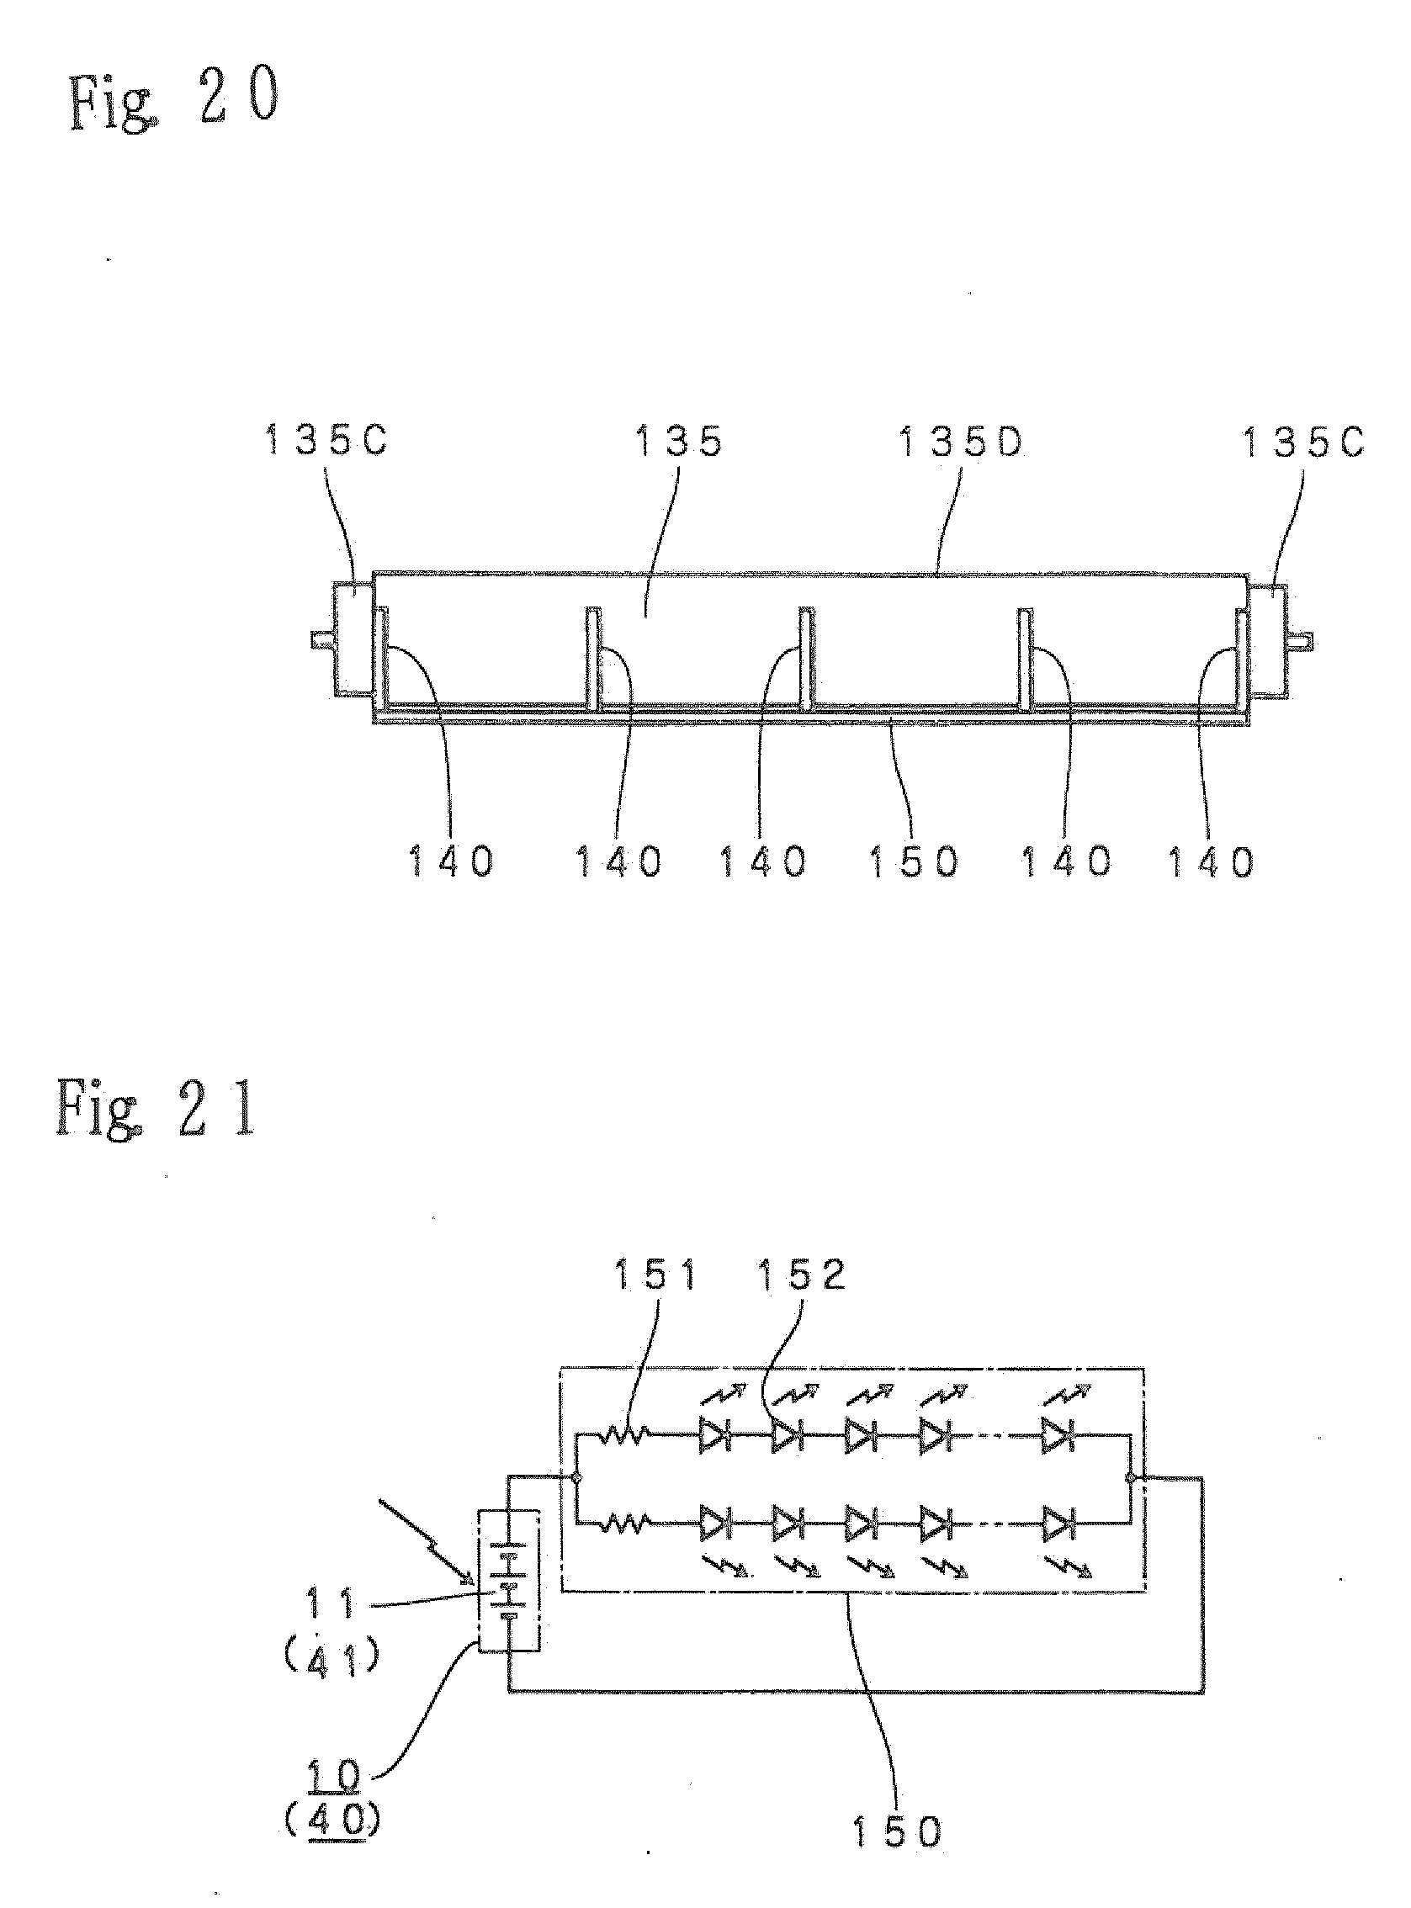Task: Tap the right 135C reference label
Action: point(1302,442)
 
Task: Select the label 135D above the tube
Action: point(962,442)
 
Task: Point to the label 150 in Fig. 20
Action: point(914,861)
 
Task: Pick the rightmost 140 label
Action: point(1211,861)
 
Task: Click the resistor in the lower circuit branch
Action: point(623,1521)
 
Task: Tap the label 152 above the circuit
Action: point(801,1275)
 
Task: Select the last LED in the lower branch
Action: point(1058,1522)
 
